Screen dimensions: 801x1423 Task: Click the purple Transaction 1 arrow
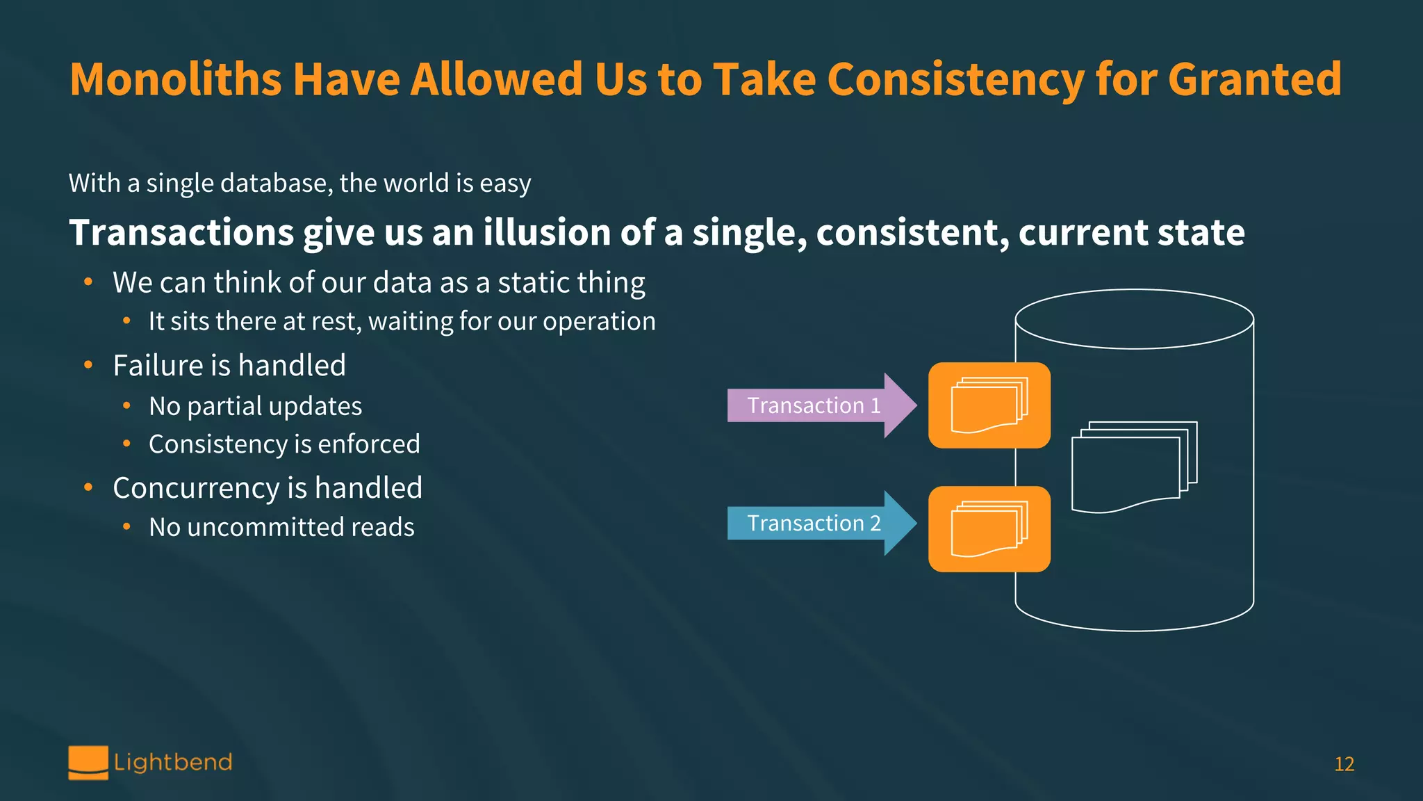click(813, 405)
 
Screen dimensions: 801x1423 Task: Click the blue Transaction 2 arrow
click(813, 523)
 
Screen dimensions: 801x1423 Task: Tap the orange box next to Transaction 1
click(989, 405)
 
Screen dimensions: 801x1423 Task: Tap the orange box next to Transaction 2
click(989, 529)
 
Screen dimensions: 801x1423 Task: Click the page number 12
click(1344, 764)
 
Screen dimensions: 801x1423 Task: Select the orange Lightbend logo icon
click(88, 762)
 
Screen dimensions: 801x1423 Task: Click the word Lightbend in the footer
click(173, 763)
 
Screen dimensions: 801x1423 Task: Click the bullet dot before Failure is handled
click(88, 365)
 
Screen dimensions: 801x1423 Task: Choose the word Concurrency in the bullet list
click(197, 488)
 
